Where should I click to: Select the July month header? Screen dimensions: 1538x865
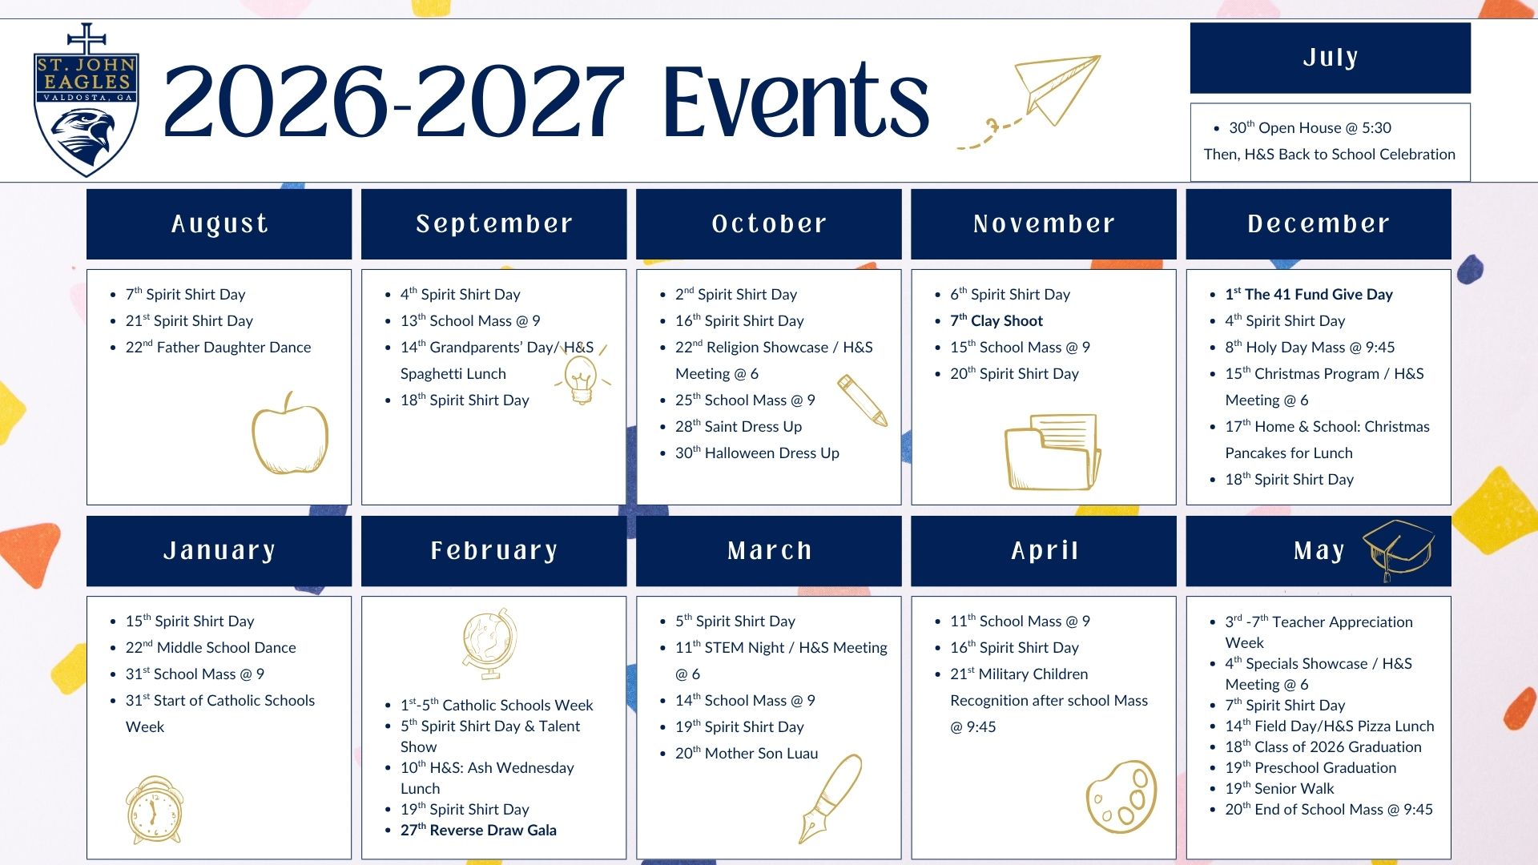pyautogui.click(x=1330, y=58)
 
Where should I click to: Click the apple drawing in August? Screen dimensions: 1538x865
pyautogui.click(x=290, y=433)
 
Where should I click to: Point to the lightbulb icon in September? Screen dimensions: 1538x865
pyautogui.click(x=581, y=378)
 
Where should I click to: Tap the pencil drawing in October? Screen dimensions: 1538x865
pyautogui.click(x=863, y=400)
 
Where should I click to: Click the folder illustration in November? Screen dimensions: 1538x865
pyautogui.click(x=1053, y=452)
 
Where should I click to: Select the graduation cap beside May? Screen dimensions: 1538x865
pyautogui.click(x=1398, y=549)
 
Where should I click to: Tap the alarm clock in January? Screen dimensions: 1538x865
pyautogui.click(x=155, y=810)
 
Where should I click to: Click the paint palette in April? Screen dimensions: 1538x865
pyautogui.click(x=1121, y=796)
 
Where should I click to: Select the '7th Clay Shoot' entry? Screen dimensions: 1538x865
pyautogui.click(x=996, y=321)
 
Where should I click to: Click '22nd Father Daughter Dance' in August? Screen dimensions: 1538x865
pyautogui.click(x=218, y=348)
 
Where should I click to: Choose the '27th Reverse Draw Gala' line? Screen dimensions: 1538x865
pyautogui.click(x=478, y=831)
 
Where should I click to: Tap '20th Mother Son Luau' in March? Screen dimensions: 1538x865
pyautogui.click(x=747, y=754)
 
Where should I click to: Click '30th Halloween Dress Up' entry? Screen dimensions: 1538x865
pyautogui.click(x=757, y=453)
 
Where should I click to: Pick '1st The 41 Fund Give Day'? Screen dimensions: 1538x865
pyautogui.click(x=1309, y=295)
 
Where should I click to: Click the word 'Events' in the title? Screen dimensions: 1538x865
pyautogui.click(x=795, y=102)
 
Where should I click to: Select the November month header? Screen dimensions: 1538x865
pyautogui.click(x=1044, y=224)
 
